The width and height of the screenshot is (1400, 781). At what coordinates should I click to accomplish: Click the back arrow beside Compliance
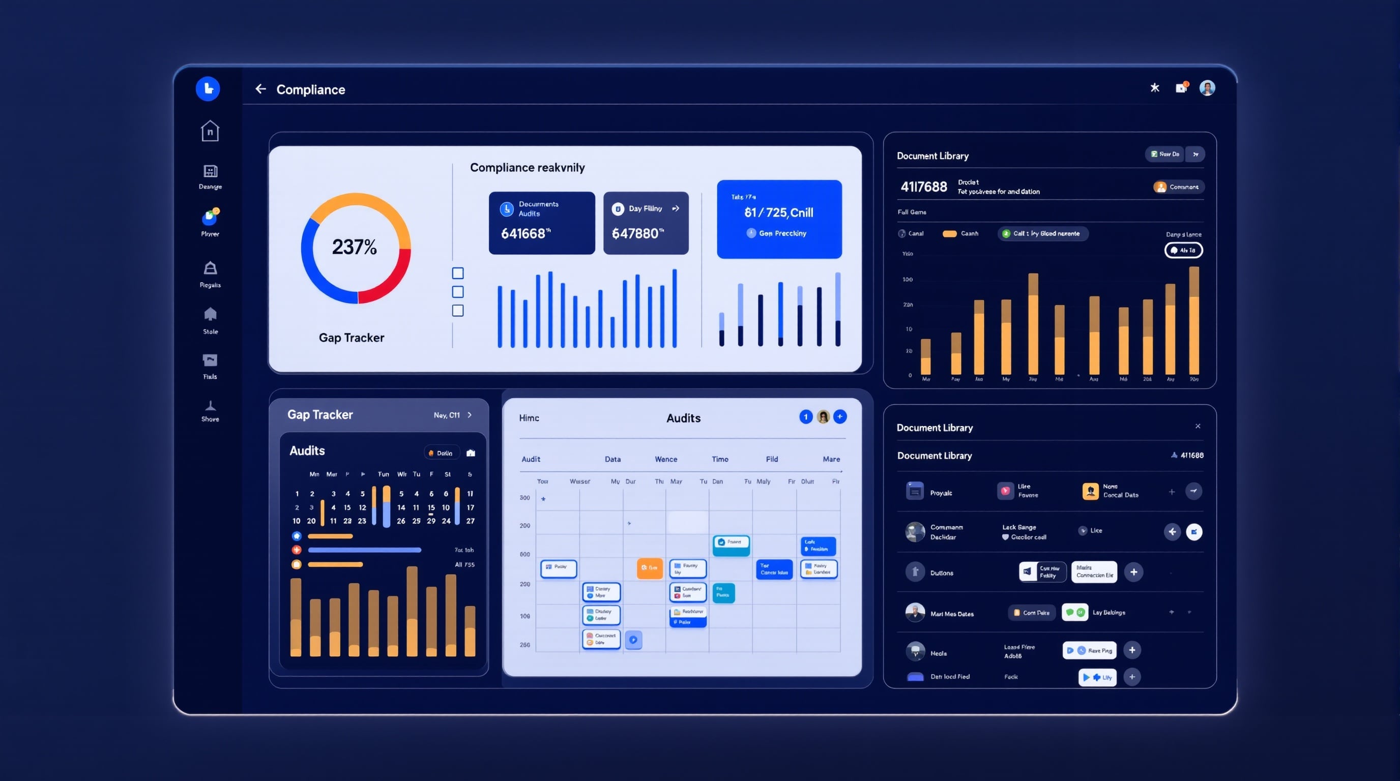[x=261, y=89]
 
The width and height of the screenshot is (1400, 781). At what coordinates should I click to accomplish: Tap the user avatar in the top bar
[x=1207, y=88]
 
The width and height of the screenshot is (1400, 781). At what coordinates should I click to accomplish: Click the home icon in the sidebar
[x=210, y=131]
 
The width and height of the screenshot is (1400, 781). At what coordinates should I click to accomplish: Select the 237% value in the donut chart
[x=355, y=247]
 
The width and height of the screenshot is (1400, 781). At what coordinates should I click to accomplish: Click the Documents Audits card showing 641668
[x=541, y=223]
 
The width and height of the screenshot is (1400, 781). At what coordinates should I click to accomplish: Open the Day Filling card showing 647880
[x=646, y=223]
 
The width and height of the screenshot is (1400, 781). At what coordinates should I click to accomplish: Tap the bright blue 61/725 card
[x=779, y=219]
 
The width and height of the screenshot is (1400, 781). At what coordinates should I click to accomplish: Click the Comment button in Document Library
[x=1178, y=187]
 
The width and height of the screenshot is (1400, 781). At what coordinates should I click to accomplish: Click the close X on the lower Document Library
[x=1198, y=426]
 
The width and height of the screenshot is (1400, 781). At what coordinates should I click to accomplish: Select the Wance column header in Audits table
[x=666, y=460]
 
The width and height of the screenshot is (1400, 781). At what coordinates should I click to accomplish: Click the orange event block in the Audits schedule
[x=650, y=568]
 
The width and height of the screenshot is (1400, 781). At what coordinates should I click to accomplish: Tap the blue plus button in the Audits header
[x=840, y=416]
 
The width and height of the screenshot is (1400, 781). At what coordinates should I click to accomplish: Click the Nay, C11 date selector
[x=452, y=415]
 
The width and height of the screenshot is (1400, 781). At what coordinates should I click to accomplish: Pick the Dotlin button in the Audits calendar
[x=441, y=453]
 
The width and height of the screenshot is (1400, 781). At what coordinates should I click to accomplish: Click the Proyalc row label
[x=941, y=493]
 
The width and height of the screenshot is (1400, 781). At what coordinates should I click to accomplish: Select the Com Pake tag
[x=1032, y=613]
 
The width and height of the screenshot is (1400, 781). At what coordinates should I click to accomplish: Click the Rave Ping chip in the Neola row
[x=1090, y=650]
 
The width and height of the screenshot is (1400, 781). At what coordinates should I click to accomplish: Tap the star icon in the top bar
[x=1155, y=88]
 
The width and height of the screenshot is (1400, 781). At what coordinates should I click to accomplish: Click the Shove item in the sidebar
[x=210, y=411]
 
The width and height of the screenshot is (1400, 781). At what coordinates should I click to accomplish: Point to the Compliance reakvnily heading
[x=527, y=168]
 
